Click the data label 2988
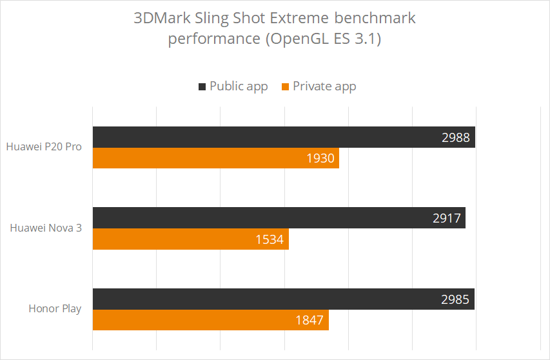click(x=455, y=137)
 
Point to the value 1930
click(x=320, y=158)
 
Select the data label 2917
click(x=447, y=218)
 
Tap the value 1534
click(x=270, y=239)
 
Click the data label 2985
click(x=455, y=299)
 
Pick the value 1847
click(x=309, y=320)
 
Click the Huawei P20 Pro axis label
click(x=44, y=146)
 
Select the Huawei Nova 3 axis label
click(x=46, y=228)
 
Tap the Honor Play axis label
click(x=55, y=308)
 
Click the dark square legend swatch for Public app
click(x=202, y=86)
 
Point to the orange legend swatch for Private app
click(x=285, y=86)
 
